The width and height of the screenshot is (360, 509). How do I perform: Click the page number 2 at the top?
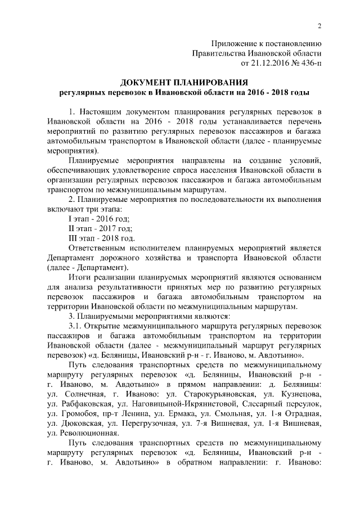[319, 25]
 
